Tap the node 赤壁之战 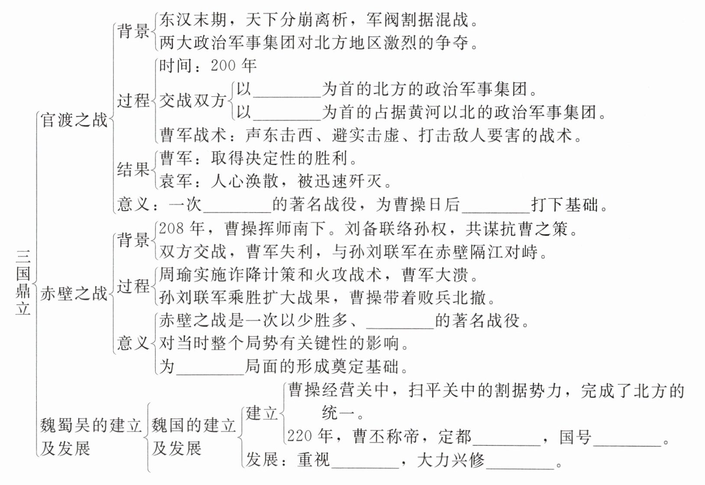[74, 294]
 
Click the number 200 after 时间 [223, 66]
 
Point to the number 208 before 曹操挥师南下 [171, 228]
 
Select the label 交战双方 [193, 101]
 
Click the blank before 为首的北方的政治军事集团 [287, 91]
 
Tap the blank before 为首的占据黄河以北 [287, 114]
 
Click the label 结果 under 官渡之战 [133, 169]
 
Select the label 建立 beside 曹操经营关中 [262, 413]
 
